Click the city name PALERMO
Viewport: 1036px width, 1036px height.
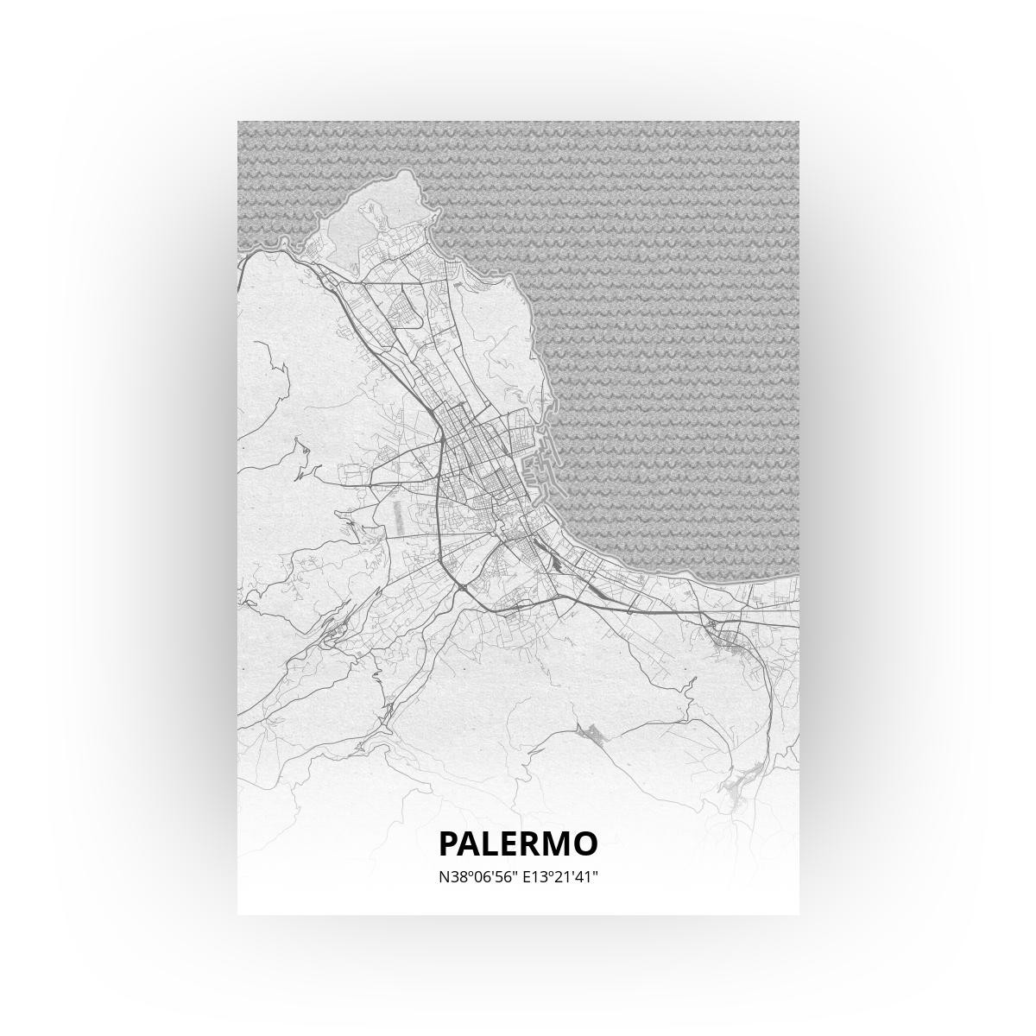[x=518, y=843]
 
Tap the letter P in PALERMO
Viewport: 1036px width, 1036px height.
[x=450, y=843]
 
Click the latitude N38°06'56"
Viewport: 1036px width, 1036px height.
[x=477, y=877]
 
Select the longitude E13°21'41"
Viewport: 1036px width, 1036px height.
[x=559, y=877]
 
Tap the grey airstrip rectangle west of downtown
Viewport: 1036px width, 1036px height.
[x=397, y=516]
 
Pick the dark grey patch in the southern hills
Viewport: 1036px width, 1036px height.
[x=591, y=735]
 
